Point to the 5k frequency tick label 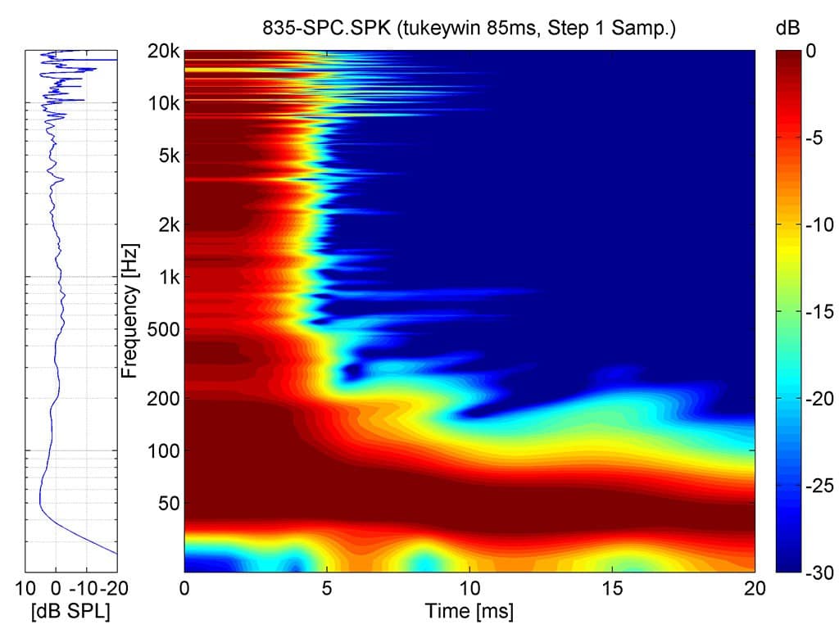pos(168,156)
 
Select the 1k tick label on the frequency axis pos(168,277)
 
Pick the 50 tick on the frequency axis pos(168,503)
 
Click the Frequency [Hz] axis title pos(129,310)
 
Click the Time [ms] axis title pos(469,611)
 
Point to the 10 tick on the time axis pos(469,588)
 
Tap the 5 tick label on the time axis pos(327,588)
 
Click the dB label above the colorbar pos(787,28)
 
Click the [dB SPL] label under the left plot pos(71,611)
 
